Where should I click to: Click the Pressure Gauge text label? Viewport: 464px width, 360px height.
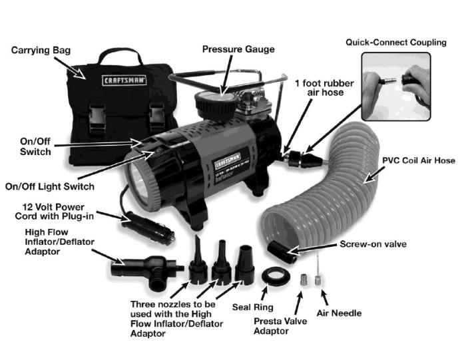pos(237,49)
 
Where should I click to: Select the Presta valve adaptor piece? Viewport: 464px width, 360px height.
pos(303,279)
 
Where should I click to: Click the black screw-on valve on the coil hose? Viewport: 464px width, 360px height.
pos(280,254)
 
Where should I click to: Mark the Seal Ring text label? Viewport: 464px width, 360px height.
pos(251,307)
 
